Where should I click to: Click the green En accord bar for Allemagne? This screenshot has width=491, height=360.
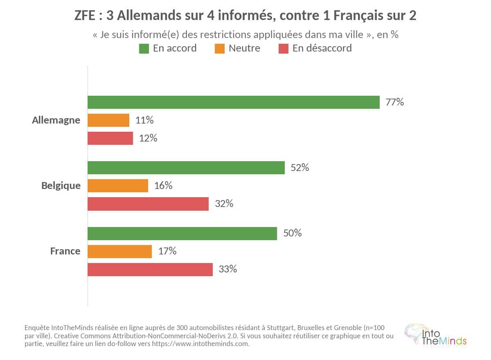(234, 102)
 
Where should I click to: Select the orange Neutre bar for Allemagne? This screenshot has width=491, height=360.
(108, 120)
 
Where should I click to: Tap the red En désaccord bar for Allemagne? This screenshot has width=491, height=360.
(110, 138)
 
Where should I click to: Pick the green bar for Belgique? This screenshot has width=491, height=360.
(186, 168)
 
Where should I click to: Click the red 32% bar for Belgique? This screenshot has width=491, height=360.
(148, 204)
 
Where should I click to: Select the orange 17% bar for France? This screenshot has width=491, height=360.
(119, 252)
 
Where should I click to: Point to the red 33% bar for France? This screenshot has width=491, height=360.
(150, 270)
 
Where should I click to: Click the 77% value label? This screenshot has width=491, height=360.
(395, 102)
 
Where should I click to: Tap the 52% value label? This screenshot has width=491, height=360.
(300, 168)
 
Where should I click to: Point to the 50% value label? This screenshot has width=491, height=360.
(293, 233)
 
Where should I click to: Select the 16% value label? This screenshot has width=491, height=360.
(163, 186)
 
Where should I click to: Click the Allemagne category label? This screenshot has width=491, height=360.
(56, 121)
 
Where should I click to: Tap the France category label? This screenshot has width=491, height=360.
(65, 251)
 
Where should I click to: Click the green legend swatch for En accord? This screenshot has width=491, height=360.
(144, 49)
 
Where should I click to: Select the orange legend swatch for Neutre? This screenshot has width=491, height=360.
(220, 49)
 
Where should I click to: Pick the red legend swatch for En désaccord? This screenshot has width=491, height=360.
(284, 49)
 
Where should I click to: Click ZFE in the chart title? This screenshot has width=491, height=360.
(85, 16)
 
